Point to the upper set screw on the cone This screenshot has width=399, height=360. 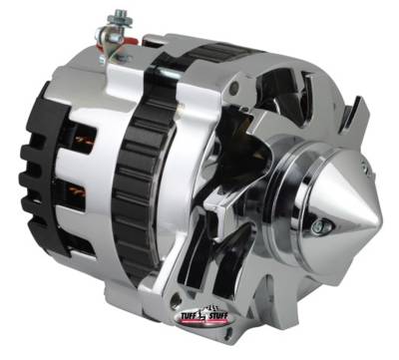click(366, 167)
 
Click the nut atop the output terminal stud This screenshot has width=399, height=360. click(119, 16)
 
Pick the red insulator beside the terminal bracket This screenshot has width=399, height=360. click(128, 41)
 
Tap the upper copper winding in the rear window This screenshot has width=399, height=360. click(81, 138)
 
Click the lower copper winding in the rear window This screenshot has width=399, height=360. click(77, 191)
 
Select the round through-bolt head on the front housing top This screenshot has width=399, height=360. click(235, 87)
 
